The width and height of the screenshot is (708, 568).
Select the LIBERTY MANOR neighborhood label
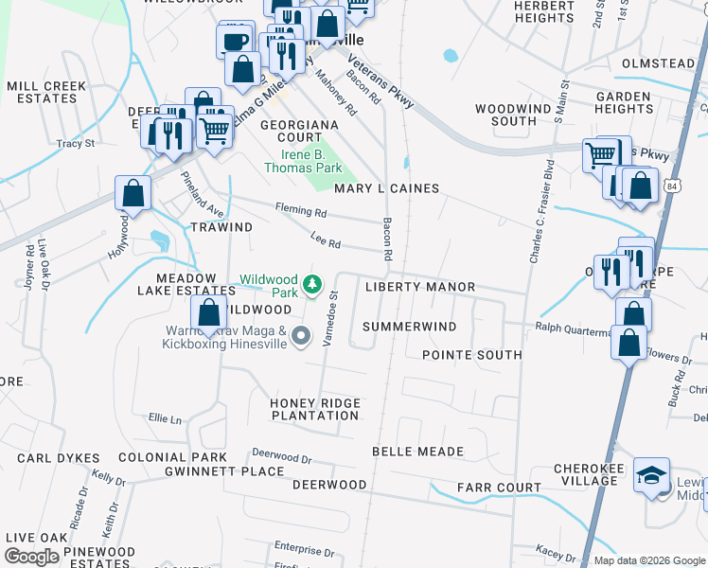pos(420,287)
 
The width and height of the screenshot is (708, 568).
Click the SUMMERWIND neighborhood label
pos(410,327)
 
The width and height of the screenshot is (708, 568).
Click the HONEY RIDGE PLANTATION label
pos(315,409)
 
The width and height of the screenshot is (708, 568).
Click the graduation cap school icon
pos(651,475)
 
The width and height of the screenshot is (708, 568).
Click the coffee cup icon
pos(235,41)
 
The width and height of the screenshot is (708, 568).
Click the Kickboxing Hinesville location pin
pos(301,336)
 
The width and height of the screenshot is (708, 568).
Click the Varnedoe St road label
pos(331,319)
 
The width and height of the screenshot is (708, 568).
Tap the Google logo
pos(31,557)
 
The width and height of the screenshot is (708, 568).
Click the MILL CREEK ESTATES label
pos(46,92)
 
